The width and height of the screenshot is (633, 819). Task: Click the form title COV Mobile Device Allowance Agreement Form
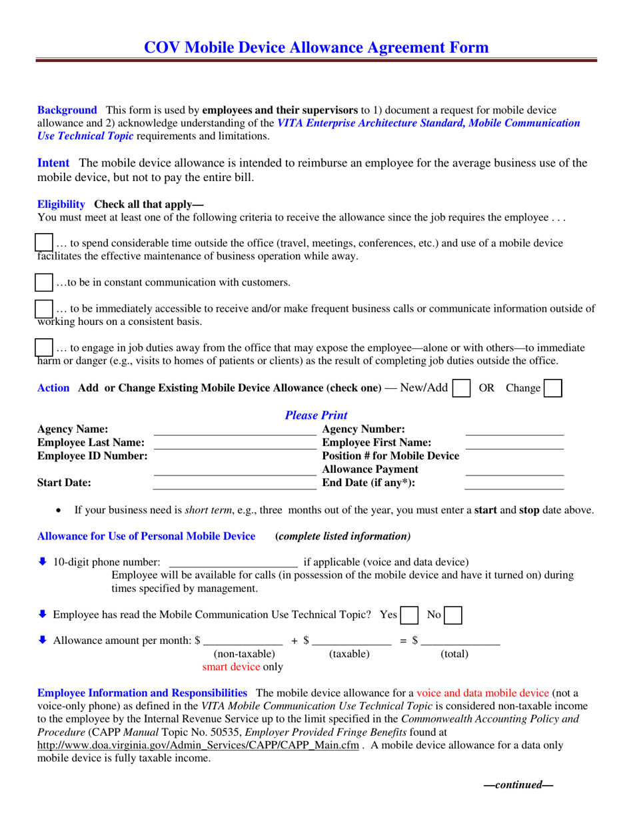point(316,47)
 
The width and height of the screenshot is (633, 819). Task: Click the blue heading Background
point(67,110)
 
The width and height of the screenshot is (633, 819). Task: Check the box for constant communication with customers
point(43,282)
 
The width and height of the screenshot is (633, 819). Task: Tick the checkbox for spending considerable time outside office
point(43,243)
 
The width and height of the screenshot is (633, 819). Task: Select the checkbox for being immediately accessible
point(43,308)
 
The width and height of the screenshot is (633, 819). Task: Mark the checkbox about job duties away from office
point(43,348)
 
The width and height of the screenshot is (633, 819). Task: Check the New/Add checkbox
point(461,388)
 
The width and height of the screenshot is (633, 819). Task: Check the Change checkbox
point(552,388)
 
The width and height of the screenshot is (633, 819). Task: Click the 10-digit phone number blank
point(233,562)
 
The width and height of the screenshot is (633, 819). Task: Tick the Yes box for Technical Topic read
point(409,615)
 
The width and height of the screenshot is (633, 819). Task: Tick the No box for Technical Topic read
point(453,615)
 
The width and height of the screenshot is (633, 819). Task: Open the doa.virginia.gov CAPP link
point(198,745)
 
